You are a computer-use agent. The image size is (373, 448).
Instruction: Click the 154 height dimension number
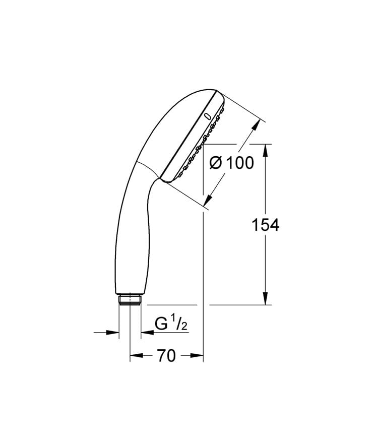(x=265, y=225)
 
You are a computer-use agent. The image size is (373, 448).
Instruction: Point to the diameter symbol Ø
(x=215, y=163)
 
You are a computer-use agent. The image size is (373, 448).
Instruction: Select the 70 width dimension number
(x=166, y=356)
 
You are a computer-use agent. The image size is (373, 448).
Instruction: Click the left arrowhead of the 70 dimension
(x=134, y=356)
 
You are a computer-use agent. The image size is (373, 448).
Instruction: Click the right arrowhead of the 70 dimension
(x=199, y=356)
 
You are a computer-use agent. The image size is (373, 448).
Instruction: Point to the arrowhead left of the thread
(x=115, y=332)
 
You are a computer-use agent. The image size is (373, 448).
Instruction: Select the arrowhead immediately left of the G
(x=145, y=332)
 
